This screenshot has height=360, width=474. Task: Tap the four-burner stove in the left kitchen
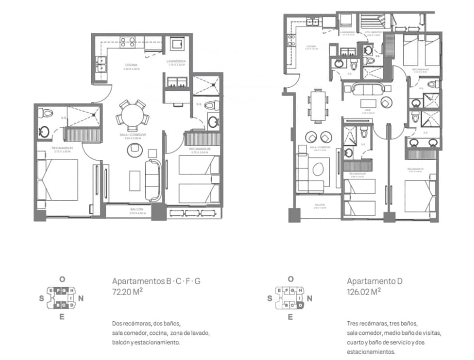127,43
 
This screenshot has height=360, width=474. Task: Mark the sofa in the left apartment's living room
153,180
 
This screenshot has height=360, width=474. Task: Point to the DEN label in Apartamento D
367,109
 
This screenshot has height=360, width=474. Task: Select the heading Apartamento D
375,281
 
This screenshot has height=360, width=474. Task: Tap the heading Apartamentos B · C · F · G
156,281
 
